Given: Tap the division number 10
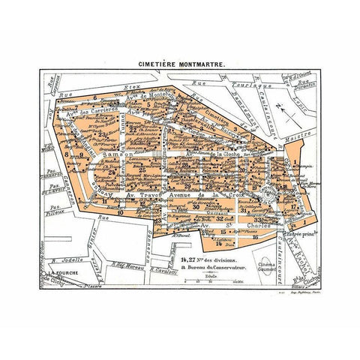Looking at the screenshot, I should point(120,213).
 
